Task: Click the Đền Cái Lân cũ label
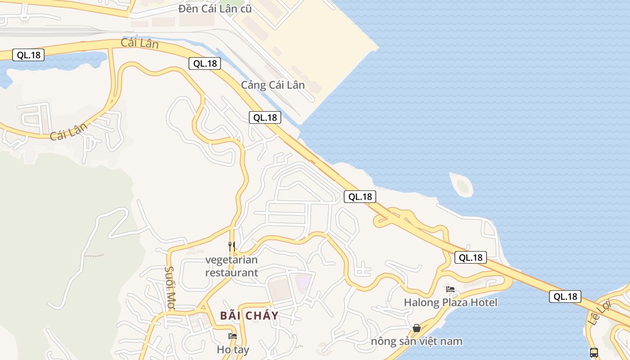tap(215, 9)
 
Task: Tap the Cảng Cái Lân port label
tap(273, 85)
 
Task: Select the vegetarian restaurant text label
tap(232, 266)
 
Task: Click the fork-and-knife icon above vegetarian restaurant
tap(232, 246)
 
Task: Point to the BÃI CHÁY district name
tap(249, 315)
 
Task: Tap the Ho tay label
tap(233, 349)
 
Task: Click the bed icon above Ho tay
tap(233, 336)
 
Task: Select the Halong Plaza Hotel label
tap(450, 302)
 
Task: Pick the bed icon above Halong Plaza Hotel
tap(450, 289)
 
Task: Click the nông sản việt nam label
tap(417, 341)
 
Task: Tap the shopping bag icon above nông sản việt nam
tap(417, 328)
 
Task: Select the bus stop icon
tap(594, 352)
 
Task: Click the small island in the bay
tap(462, 185)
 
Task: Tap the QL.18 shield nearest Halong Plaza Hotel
tap(471, 257)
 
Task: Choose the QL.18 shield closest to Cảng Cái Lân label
tap(265, 117)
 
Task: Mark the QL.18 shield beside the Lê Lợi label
tap(565, 297)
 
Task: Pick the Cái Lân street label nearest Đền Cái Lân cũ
tap(139, 44)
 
